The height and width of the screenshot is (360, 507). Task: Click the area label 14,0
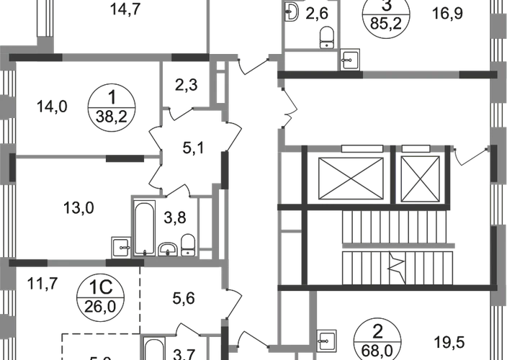tap(50, 108)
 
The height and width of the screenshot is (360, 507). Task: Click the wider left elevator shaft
tap(349, 175)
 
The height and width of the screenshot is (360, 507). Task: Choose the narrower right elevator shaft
tap(419, 175)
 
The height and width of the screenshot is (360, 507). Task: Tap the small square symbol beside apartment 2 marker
tap(327, 338)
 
